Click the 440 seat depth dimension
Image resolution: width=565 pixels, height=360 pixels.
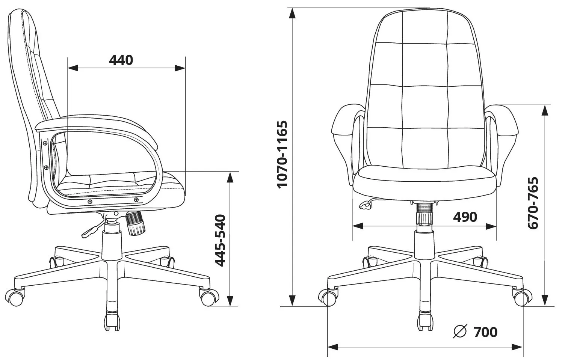[x=121, y=60]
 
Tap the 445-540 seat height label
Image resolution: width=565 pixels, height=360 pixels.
[x=220, y=240]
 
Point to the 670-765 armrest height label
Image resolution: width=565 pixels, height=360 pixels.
[x=533, y=203]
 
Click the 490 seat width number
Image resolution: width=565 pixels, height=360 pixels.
[x=465, y=217]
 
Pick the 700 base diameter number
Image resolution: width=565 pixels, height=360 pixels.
[x=485, y=332]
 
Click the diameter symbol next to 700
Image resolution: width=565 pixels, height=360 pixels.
[x=460, y=331]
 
